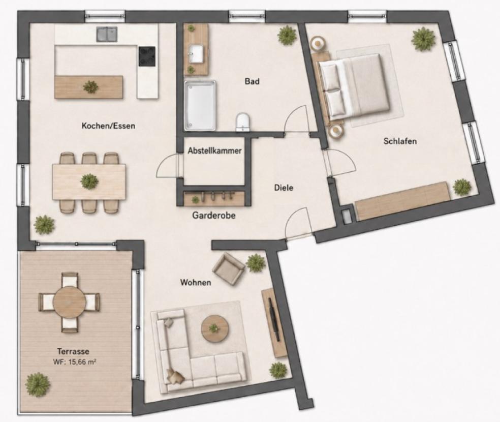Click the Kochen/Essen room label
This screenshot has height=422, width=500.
click(x=108, y=126)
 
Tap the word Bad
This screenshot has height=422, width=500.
click(x=252, y=81)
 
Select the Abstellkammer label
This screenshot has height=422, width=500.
click(x=214, y=150)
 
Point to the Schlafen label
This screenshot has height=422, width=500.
click(x=400, y=141)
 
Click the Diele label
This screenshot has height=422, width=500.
click(x=284, y=188)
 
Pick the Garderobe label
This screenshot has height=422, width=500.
click(x=213, y=216)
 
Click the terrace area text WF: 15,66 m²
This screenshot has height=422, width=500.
click(x=75, y=362)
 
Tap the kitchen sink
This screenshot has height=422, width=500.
click(x=107, y=34)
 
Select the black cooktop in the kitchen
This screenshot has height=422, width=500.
click(x=147, y=56)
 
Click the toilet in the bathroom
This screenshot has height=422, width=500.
click(x=243, y=122)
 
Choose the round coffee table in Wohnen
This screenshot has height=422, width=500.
click(x=215, y=329)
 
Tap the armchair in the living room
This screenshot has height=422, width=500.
click(x=229, y=268)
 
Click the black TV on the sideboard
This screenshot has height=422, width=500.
click(x=274, y=319)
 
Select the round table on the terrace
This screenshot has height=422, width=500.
click(x=69, y=302)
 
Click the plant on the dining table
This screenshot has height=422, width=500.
click(x=89, y=182)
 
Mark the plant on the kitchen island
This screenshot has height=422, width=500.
click(x=90, y=87)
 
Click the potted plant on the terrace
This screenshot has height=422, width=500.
click(x=38, y=384)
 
